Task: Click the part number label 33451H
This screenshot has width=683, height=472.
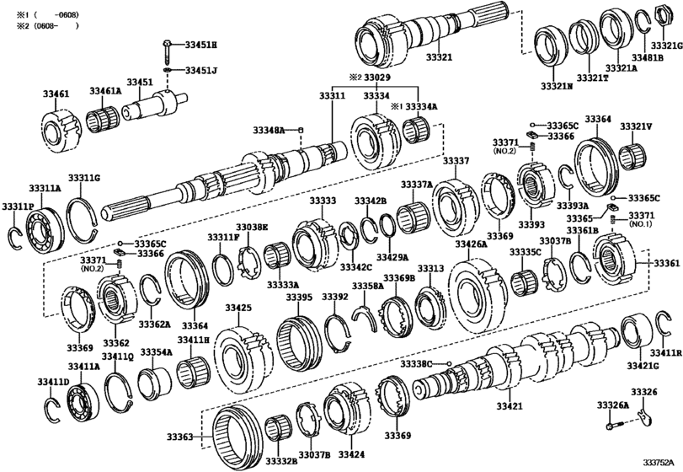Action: [200, 44]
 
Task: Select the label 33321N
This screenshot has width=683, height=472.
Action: [557, 85]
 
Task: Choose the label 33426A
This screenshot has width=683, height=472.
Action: [472, 244]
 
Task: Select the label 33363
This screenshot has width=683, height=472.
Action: [179, 437]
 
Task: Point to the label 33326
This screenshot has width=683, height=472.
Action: [644, 392]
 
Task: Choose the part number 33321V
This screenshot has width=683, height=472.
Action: [637, 126]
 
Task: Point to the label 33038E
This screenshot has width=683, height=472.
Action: [252, 228]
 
